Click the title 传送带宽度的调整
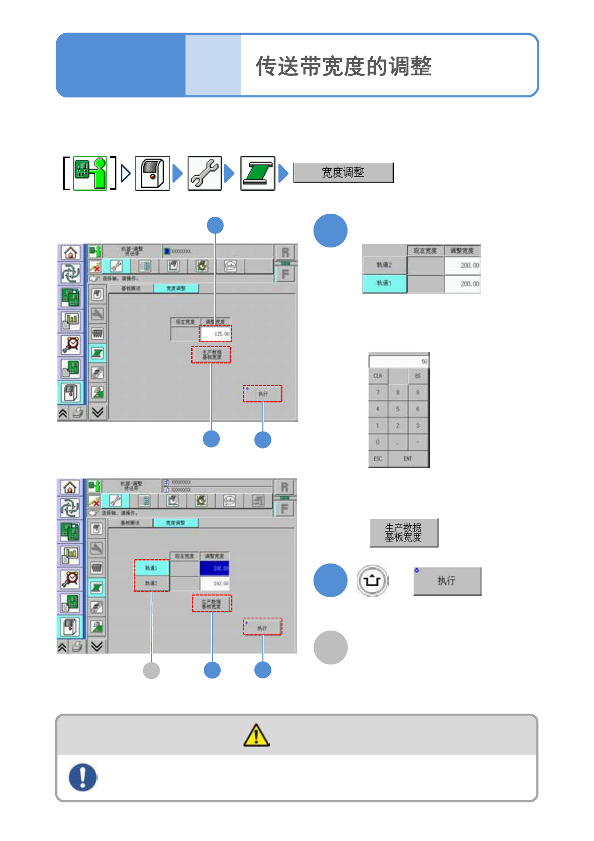click(x=344, y=66)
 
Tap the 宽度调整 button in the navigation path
click(x=343, y=173)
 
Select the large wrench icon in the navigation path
click(x=205, y=173)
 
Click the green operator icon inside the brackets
click(x=90, y=173)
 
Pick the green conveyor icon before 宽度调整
click(x=257, y=173)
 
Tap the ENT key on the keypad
click(x=408, y=459)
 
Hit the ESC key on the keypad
click(x=378, y=459)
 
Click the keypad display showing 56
click(x=399, y=361)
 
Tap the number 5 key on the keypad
click(x=397, y=409)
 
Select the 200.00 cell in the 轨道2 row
click(x=462, y=265)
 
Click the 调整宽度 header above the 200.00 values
click(x=462, y=250)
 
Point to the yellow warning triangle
click(x=256, y=736)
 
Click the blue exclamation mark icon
click(x=83, y=777)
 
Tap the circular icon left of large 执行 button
click(x=372, y=581)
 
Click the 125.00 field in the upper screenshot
click(x=216, y=334)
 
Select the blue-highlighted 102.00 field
click(x=215, y=569)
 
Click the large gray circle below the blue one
click(x=331, y=647)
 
